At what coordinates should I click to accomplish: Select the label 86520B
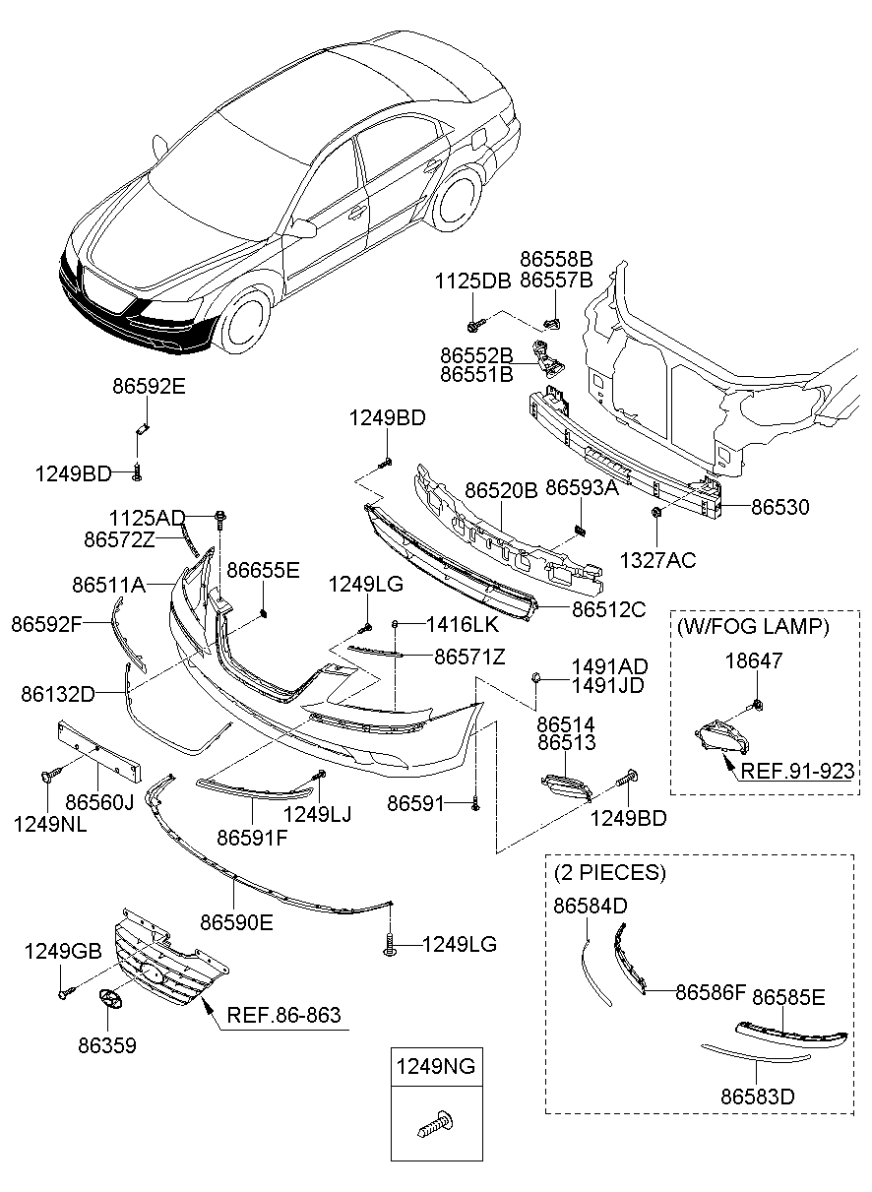coord(500,489)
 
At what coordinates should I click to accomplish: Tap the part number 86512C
coord(608,609)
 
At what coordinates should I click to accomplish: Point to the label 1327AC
coord(657,560)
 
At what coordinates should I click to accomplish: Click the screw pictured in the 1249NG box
coord(434,1125)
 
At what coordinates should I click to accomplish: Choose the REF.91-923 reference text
coord(797,771)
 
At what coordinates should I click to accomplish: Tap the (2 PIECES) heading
coord(610,872)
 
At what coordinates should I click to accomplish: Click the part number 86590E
coord(237,922)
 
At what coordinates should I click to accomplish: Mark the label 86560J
coord(98,802)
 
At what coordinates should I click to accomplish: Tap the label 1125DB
coord(472,281)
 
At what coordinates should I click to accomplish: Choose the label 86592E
coord(148,387)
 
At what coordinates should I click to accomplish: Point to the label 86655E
coord(264,570)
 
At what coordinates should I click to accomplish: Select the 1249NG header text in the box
coord(434,1065)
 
